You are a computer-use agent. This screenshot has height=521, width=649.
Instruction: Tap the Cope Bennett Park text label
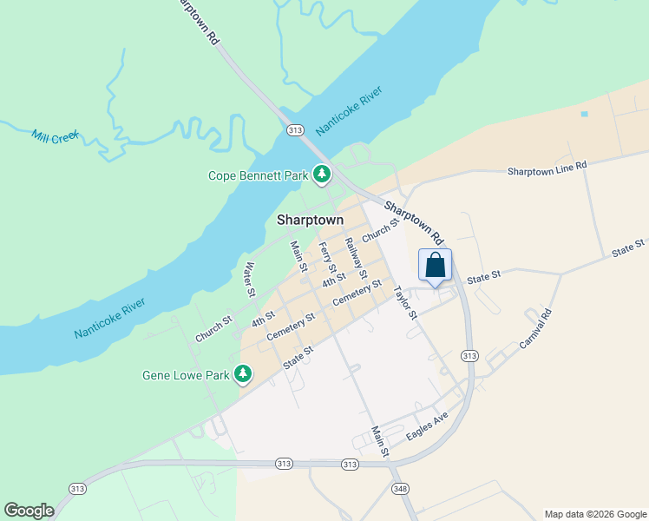259,175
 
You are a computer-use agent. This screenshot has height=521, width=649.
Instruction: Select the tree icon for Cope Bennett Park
322,175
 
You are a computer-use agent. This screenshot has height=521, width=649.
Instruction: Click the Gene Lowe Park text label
186,376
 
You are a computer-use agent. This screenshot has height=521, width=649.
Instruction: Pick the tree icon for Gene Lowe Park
244,375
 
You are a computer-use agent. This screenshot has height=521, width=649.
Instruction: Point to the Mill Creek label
55,135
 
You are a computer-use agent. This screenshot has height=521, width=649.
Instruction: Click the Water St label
249,279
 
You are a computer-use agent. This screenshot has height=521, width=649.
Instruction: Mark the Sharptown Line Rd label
547,166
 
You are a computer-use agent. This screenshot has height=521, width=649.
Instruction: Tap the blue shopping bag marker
435,265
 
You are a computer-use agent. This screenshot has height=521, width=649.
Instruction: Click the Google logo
29,511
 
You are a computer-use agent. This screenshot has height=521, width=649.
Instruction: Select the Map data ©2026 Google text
594,514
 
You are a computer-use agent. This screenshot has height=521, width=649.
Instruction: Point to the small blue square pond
584,114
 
